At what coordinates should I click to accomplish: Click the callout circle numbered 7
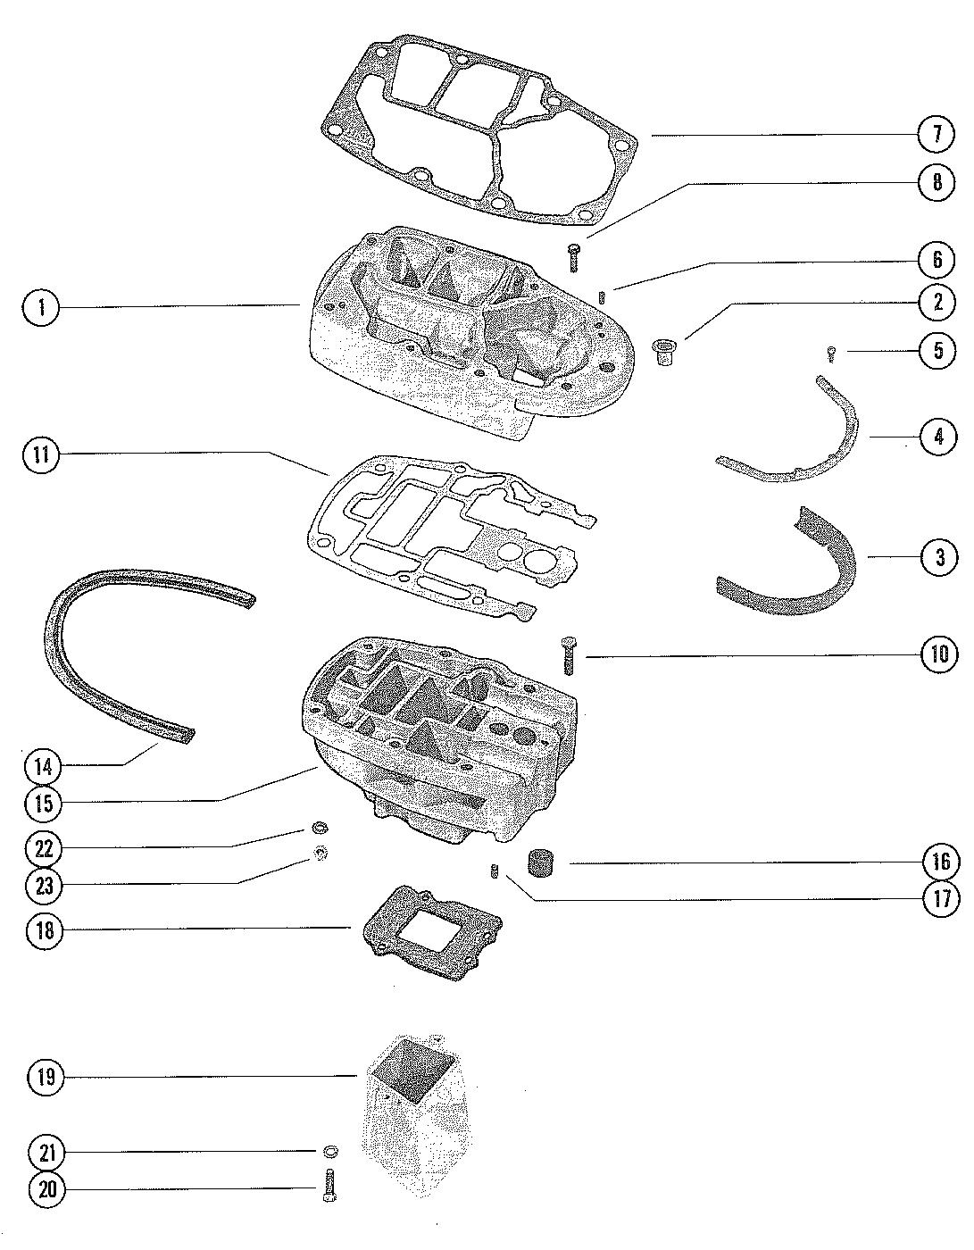click(x=937, y=135)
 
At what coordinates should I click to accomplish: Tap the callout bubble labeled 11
click(x=41, y=455)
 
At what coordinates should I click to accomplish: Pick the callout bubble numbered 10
click(x=939, y=655)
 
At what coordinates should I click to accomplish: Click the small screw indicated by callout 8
click(x=574, y=256)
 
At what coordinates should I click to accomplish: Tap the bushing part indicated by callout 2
click(x=662, y=351)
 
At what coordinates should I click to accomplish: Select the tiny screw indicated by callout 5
click(x=830, y=354)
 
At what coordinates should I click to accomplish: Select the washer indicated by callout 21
click(x=329, y=1151)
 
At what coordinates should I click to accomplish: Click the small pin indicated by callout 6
click(x=604, y=296)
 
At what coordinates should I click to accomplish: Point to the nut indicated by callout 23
click(x=318, y=854)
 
